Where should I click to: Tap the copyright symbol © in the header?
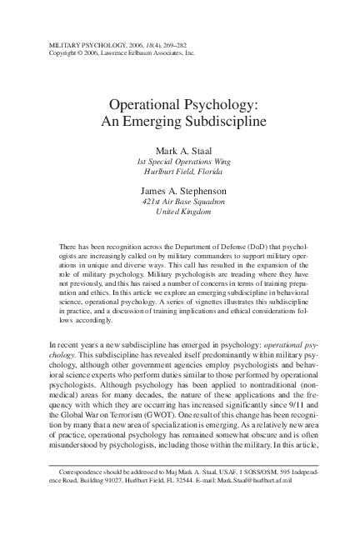tap(83, 50)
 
